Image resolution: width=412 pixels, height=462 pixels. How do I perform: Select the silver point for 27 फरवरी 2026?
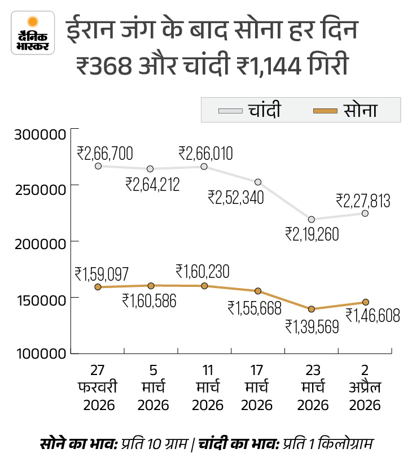click(x=98, y=166)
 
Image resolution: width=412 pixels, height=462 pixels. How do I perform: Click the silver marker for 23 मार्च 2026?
click(x=312, y=219)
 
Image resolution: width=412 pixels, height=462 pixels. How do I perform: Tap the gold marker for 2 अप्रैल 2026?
click(x=365, y=302)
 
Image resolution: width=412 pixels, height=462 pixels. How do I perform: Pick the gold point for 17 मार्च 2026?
click(x=258, y=291)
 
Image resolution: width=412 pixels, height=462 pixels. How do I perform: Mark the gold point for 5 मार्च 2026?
click(x=151, y=286)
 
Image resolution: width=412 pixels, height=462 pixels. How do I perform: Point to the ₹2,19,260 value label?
click(x=312, y=234)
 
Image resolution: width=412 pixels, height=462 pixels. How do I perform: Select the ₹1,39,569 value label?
click(x=312, y=326)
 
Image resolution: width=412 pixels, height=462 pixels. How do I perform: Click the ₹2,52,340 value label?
click(x=235, y=197)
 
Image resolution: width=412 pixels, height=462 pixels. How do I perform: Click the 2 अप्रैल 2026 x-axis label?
click(x=365, y=387)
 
